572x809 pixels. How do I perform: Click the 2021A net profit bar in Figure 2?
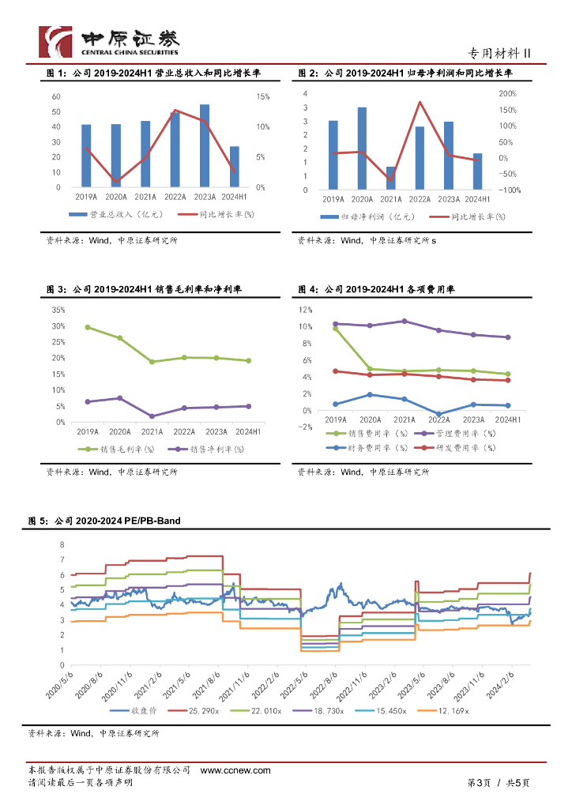pyautogui.click(x=391, y=178)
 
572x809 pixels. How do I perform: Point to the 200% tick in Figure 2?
pyautogui.click(x=507, y=93)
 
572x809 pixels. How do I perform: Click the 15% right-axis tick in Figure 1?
pyautogui.click(x=263, y=96)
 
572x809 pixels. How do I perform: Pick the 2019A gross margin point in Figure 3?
pyautogui.click(x=87, y=327)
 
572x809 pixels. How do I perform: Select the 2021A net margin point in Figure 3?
pyautogui.click(x=152, y=416)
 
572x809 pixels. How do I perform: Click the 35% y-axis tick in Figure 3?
pyautogui.click(x=58, y=310)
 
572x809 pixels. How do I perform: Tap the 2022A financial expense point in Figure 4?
pyautogui.click(x=438, y=414)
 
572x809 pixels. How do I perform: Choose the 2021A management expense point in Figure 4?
pyautogui.click(x=405, y=321)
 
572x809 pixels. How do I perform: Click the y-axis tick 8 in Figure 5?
pyautogui.click(x=62, y=545)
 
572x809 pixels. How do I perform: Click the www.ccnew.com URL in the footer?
pyautogui.click(x=235, y=770)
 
